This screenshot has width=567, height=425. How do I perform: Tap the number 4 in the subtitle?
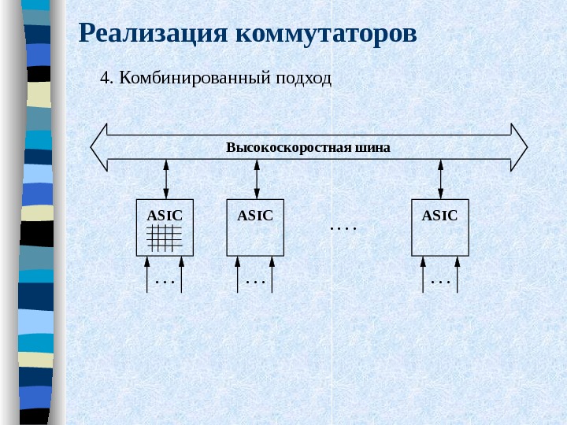click(106, 79)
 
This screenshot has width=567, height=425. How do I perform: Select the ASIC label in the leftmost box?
click(165, 215)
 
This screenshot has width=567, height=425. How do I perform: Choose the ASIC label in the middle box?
click(255, 215)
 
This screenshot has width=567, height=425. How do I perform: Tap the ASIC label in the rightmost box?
click(439, 215)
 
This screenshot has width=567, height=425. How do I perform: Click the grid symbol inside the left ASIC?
click(165, 238)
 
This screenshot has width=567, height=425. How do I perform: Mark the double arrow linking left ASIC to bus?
click(165, 179)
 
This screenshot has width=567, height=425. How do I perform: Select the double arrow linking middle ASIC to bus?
click(256, 179)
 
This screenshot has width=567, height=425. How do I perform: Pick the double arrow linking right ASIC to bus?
click(440, 179)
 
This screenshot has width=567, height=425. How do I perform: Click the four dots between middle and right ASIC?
click(343, 229)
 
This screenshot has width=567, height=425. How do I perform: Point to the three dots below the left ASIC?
click(165, 281)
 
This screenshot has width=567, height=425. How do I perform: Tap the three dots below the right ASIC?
click(439, 281)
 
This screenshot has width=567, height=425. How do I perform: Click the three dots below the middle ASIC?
click(255, 281)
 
